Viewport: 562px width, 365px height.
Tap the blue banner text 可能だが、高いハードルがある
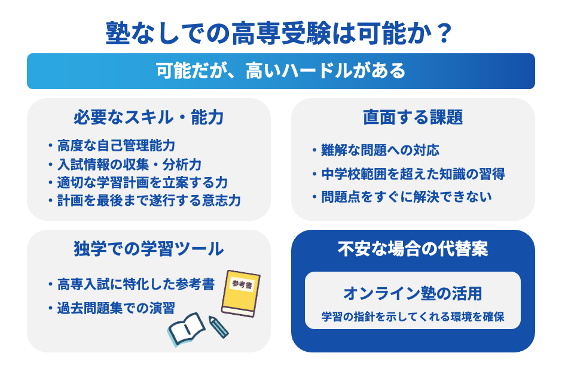[280, 71]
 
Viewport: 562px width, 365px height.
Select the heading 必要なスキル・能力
[148, 117]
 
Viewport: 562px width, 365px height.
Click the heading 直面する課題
[413, 117]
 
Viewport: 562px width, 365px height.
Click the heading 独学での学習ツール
[148, 248]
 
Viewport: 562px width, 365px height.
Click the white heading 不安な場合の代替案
[413, 249]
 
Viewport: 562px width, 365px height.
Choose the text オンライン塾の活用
[413, 294]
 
